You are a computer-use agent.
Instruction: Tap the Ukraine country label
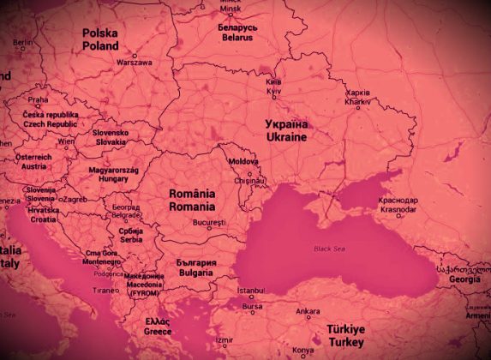[x=285, y=130]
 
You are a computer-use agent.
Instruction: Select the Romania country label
[x=191, y=201]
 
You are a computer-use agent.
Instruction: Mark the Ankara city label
[x=308, y=311]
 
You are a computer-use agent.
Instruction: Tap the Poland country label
[x=100, y=40]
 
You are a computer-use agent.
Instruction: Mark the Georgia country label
[x=464, y=279]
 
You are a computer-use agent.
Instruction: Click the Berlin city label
[x=23, y=42]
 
